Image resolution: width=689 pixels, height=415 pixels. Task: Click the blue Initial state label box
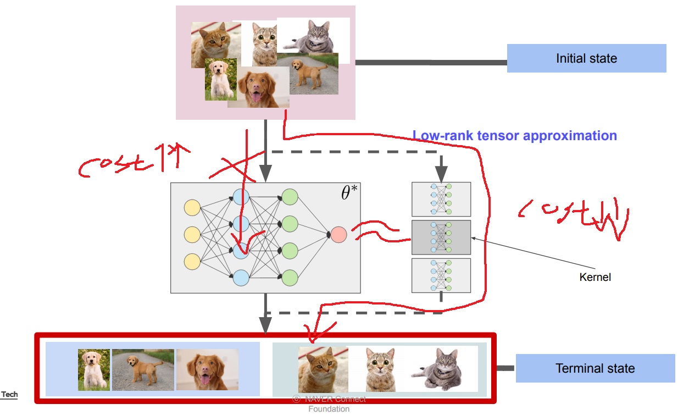(586, 58)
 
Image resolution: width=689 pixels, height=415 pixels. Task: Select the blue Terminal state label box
(595, 368)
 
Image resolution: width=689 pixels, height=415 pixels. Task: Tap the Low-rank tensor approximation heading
(515, 135)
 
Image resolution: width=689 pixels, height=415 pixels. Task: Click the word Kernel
(595, 277)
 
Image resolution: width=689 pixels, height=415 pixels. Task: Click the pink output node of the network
(338, 235)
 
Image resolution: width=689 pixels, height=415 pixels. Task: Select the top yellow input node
(192, 208)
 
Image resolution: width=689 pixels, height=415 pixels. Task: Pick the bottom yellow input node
(192, 260)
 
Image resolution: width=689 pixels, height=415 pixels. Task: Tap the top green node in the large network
(290, 197)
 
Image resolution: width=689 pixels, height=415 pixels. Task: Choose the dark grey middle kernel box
(441, 237)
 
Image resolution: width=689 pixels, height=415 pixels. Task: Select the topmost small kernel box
(441, 199)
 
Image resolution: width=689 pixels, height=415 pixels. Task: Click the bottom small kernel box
(441, 275)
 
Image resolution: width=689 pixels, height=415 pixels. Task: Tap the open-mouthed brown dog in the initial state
(259, 88)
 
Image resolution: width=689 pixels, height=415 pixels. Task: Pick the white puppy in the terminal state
(93, 369)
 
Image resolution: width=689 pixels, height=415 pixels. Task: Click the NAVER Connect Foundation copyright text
(329, 403)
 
